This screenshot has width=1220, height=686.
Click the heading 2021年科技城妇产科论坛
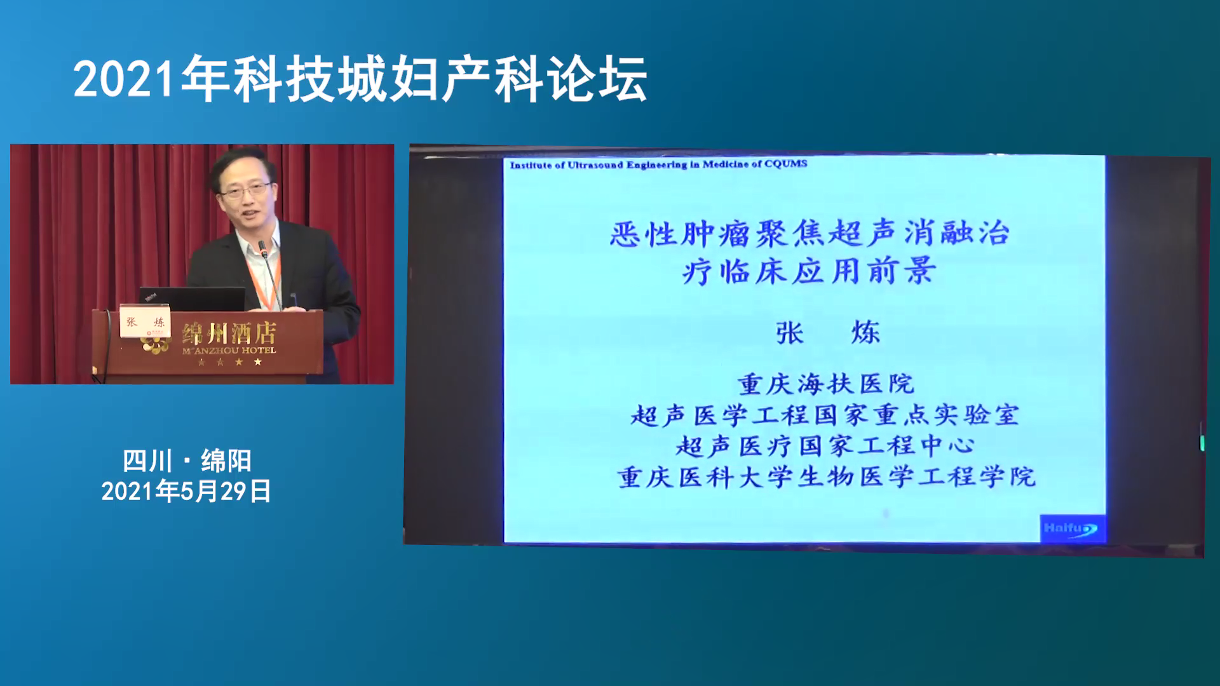360,79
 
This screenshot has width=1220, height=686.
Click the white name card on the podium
145,322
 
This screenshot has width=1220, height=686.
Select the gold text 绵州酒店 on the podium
229,332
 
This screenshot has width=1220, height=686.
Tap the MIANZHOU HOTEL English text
229,350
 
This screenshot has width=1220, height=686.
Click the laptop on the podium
192,299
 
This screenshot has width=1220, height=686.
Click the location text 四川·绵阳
187,461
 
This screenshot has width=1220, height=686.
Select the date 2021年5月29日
187,491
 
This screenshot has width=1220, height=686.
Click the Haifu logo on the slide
1071,528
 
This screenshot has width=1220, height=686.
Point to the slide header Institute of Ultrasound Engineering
659,165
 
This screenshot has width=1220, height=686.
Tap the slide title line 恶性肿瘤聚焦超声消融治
810,233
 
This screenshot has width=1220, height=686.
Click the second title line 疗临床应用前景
810,271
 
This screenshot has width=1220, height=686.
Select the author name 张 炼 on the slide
828,333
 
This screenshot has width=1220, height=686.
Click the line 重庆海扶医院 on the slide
826,384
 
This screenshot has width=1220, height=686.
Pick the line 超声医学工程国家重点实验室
825,415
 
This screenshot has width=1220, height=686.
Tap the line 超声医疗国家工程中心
825,445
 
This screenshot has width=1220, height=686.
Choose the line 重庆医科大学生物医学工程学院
826,476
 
